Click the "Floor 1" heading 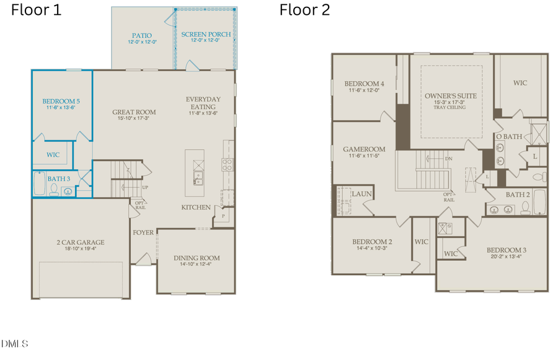[x=37, y=10]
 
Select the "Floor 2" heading [x=304, y=10]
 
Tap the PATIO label [x=141, y=35]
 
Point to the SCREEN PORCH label [x=206, y=34]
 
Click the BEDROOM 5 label [x=61, y=101]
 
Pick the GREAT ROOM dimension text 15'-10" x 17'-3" [x=134, y=119]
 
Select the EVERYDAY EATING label [x=203, y=103]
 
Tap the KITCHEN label [x=196, y=207]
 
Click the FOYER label [x=143, y=232]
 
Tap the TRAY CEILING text [x=449, y=108]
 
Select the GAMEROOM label [x=365, y=149]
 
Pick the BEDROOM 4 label [x=365, y=84]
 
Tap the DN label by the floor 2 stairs [x=449, y=159]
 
